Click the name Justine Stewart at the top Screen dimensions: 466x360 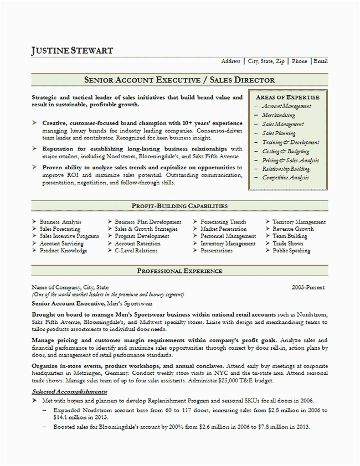pos(73,50)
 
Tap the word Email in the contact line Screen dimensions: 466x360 pos(321,61)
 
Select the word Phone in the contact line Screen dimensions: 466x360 pos(300,61)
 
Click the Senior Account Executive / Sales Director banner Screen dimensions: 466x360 pos(179,80)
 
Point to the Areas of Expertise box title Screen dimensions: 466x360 pos(287,97)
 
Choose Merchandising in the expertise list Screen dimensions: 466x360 pos(279,115)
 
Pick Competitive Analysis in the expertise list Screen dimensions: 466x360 pos(286,178)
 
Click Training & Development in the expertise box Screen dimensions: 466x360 pos(290,142)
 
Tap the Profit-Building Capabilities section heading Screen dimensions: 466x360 pos(179,206)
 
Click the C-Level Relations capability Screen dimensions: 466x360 pos(136,251)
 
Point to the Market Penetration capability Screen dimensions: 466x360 pos(224,229)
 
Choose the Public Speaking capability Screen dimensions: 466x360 pos(291,251)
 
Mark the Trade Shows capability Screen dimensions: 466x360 pos(288,244)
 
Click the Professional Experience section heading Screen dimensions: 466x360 pos(179,271)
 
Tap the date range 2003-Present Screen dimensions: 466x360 pos(308,288)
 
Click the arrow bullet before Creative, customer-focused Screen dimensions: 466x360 pos(35,123)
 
